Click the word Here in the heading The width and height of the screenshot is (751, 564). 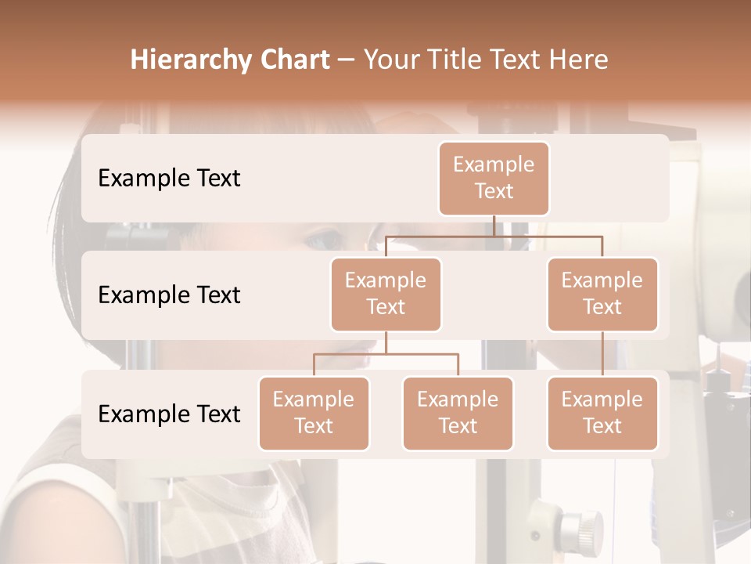coord(577,60)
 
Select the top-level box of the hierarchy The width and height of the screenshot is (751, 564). coord(494,179)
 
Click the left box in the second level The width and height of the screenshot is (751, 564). coord(386,294)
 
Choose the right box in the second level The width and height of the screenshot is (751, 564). coord(602,294)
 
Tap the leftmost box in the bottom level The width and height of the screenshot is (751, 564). coord(314,413)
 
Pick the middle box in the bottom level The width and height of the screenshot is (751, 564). coord(458,413)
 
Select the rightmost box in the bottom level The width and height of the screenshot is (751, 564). coord(602,413)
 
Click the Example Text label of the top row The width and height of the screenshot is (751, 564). coord(169,179)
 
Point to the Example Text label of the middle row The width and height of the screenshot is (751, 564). coord(169,295)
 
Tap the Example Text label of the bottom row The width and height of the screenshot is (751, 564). coord(169,414)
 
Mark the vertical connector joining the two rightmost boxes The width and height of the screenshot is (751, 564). coord(602,354)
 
